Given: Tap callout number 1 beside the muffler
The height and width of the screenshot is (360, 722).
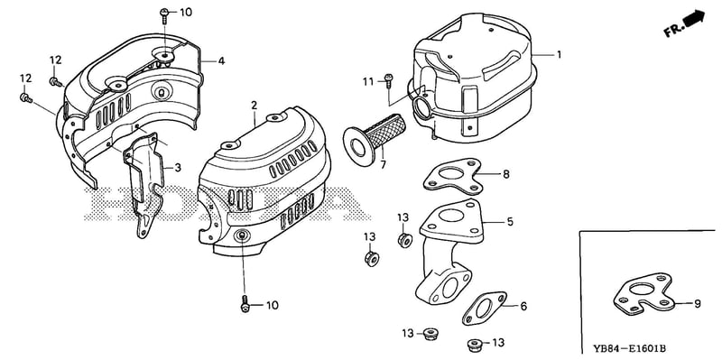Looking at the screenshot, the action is pos(559,54).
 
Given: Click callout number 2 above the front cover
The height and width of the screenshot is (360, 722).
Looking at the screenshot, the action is pos(254,106).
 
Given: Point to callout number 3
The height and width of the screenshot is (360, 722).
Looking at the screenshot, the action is pos(178,168).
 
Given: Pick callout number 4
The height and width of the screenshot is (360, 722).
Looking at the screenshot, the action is pos(221,60).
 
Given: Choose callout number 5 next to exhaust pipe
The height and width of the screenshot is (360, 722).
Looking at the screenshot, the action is pos(509,222).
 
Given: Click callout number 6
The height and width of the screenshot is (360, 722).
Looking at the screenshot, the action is pos(523,306).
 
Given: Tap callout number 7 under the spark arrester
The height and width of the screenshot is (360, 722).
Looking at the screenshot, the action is pos(383,164).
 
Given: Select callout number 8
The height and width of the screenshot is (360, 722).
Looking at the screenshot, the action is pos(506,174).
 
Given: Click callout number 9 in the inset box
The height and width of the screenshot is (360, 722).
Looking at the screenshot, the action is pos(697,303).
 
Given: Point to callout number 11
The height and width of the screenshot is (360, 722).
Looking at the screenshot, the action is pos(368,82).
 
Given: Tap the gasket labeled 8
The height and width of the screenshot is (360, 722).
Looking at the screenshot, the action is pos(452,176).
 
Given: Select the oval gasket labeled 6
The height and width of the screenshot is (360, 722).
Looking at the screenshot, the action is pos(484,308).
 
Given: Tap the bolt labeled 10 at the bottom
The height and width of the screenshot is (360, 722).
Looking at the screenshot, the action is pos(245,305).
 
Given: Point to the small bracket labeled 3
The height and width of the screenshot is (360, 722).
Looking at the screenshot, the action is pos(143,184).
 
